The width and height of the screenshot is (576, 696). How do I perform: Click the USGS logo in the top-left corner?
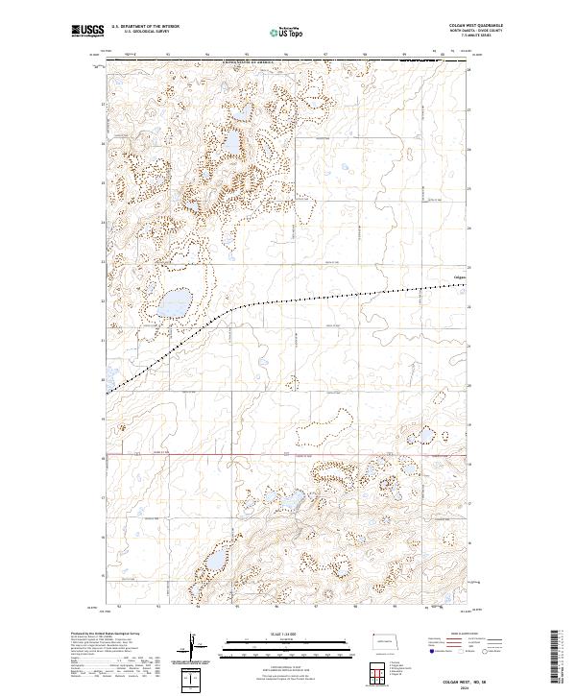[86, 31]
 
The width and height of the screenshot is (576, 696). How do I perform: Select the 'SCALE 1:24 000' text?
[256, 632]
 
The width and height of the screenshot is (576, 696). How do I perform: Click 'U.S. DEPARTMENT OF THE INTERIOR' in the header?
[144, 27]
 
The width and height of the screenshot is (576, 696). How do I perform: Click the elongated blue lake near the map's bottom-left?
[213, 558]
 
